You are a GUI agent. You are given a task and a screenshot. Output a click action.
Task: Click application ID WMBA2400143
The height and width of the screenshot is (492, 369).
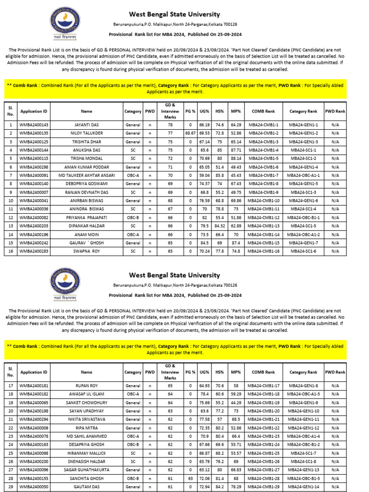(34, 124)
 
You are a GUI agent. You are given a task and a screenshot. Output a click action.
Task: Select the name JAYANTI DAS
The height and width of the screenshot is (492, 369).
(86, 124)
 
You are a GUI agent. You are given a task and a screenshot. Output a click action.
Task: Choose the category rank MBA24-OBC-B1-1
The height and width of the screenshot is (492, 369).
(304, 217)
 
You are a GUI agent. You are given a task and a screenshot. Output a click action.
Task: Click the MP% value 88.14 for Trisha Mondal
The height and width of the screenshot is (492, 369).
(236, 158)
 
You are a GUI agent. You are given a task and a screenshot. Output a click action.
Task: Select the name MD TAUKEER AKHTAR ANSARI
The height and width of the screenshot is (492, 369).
(86, 175)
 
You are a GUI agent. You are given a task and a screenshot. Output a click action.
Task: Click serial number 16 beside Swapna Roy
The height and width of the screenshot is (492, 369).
(11, 251)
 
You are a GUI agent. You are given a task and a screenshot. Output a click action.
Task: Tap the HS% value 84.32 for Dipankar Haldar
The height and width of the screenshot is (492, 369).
(220, 225)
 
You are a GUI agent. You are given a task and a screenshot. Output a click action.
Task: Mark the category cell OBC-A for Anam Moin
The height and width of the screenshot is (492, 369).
(133, 234)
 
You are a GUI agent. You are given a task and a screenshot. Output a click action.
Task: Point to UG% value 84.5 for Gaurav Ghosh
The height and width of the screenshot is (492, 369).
(204, 242)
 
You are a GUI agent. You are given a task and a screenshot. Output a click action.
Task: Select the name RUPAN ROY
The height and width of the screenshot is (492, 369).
(86, 385)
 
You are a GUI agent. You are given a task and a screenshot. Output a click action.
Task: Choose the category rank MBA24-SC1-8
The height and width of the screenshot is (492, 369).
(304, 461)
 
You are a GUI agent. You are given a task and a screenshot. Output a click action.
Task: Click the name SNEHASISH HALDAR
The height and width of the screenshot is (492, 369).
(86, 461)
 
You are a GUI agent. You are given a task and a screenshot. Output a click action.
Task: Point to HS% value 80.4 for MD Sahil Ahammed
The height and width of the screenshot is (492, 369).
(220, 436)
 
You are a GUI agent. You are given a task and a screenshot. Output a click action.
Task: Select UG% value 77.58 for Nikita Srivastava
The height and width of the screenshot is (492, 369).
(204, 419)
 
